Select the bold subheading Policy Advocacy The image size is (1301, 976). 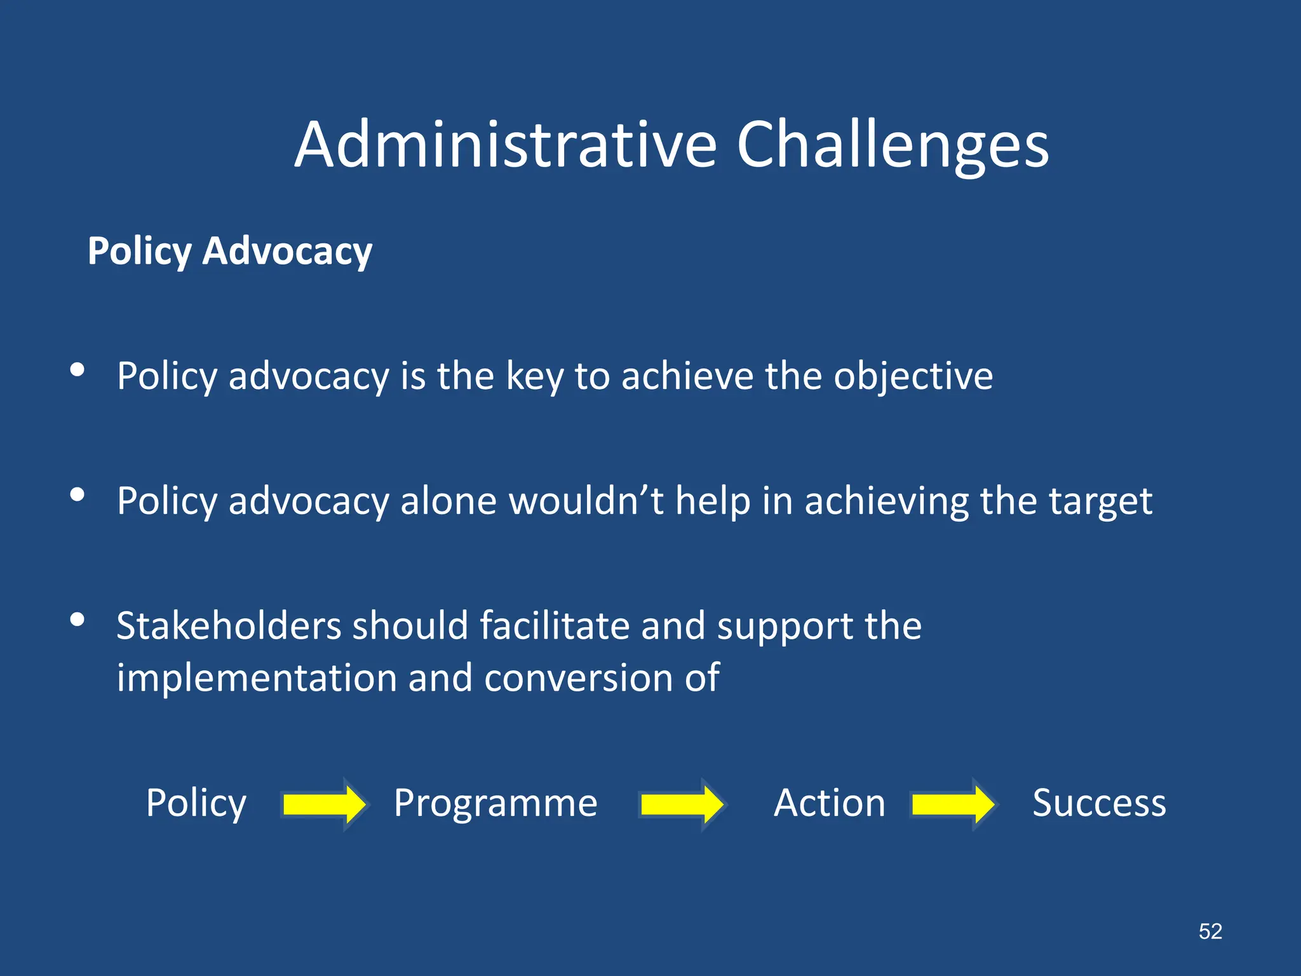pyautogui.click(x=230, y=251)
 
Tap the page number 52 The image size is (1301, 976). pyautogui.click(x=1210, y=932)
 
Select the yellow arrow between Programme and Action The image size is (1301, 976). pyautogui.click(x=682, y=804)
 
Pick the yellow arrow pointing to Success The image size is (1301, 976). pyautogui.click(x=952, y=804)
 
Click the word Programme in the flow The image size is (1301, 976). pyautogui.click(x=495, y=803)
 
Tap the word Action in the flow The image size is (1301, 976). pyautogui.click(x=829, y=803)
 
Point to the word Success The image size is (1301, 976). pyautogui.click(x=1099, y=803)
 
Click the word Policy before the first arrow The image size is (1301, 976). pyautogui.click(x=196, y=803)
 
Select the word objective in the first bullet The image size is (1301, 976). pyautogui.click(x=913, y=376)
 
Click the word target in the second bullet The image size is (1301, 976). pyautogui.click(x=1100, y=502)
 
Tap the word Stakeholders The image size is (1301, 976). pyautogui.click(x=229, y=626)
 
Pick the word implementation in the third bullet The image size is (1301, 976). pyautogui.click(x=257, y=678)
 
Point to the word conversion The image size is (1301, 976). pyautogui.click(x=578, y=678)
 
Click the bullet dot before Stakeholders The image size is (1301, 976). pyautogui.click(x=78, y=620)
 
